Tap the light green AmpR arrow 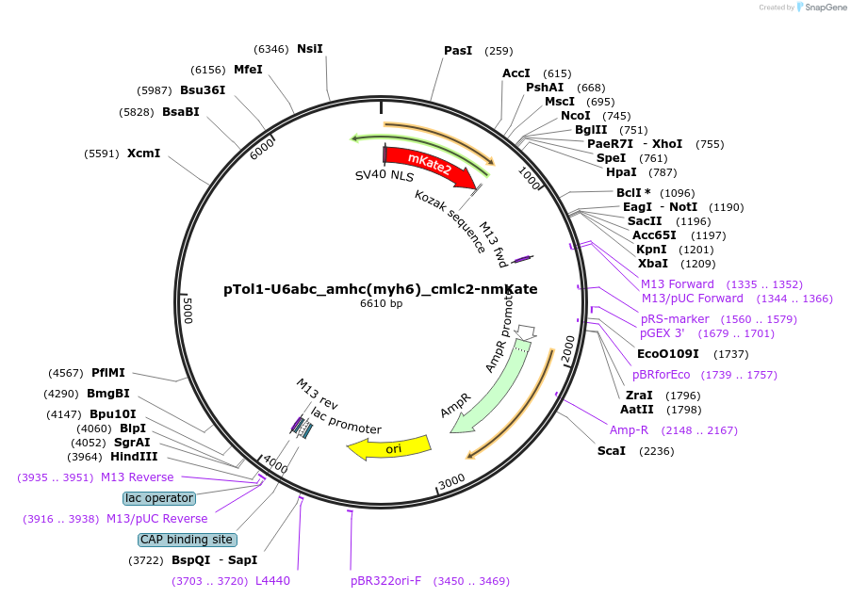tap(490, 386)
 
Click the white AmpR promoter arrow tap(527, 331)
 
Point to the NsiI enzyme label tap(310, 49)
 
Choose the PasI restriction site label tap(458, 51)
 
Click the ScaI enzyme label tap(612, 451)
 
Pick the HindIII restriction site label tap(134, 457)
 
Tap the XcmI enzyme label tap(144, 154)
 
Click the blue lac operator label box tap(159, 498)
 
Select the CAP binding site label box tap(187, 540)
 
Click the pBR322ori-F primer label tap(386, 581)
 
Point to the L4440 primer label tap(273, 581)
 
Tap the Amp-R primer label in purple tap(630, 430)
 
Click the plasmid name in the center tap(381, 289)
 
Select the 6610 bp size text tap(381, 304)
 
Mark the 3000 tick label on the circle tap(452, 481)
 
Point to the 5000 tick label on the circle tap(188, 309)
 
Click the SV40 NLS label tap(385, 175)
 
